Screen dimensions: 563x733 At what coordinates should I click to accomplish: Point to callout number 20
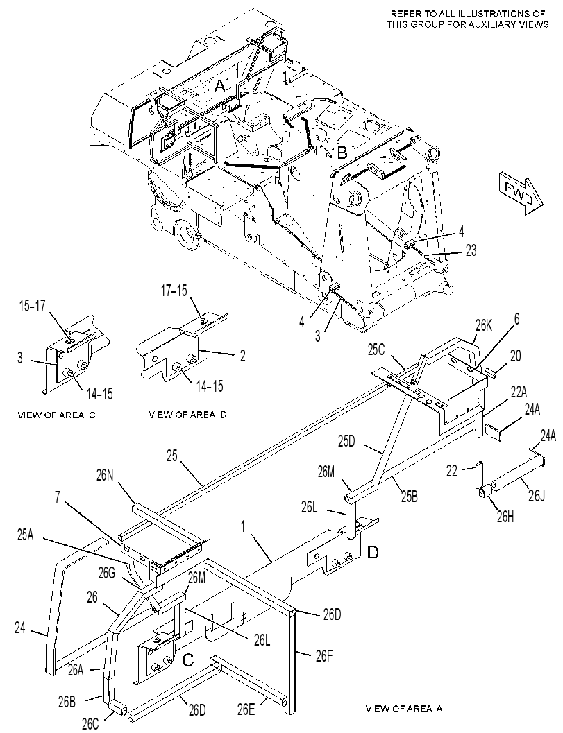514,356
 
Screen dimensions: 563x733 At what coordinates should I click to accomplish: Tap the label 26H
505,517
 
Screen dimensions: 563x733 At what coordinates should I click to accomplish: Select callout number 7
57,498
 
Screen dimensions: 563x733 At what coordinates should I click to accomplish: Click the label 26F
324,657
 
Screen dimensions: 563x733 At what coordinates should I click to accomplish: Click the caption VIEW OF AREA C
56,415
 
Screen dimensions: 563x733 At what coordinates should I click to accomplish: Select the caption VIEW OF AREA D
187,414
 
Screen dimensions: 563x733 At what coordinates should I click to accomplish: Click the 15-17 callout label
33,307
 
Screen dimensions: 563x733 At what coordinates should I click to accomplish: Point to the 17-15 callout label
174,291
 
